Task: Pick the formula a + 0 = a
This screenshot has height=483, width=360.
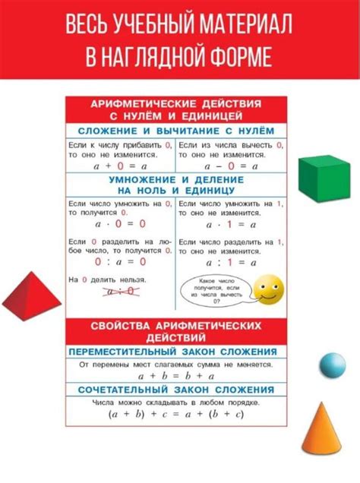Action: pos(120,165)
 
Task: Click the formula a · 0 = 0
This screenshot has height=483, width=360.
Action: pos(120,224)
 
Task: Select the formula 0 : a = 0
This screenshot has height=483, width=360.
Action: pos(120,262)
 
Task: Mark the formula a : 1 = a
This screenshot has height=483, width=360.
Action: pos(232,262)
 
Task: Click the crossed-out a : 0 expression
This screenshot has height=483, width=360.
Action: pos(120,291)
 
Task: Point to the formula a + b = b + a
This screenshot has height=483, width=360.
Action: pos(176,375)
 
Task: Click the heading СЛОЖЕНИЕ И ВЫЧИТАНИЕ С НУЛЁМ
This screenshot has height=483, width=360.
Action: pos(176,131)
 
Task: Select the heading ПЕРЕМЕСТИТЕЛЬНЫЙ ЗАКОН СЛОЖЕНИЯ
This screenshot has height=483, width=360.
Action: pos(176,352)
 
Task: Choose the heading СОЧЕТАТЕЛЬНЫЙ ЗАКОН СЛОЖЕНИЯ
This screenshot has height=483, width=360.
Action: pos(176,390)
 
